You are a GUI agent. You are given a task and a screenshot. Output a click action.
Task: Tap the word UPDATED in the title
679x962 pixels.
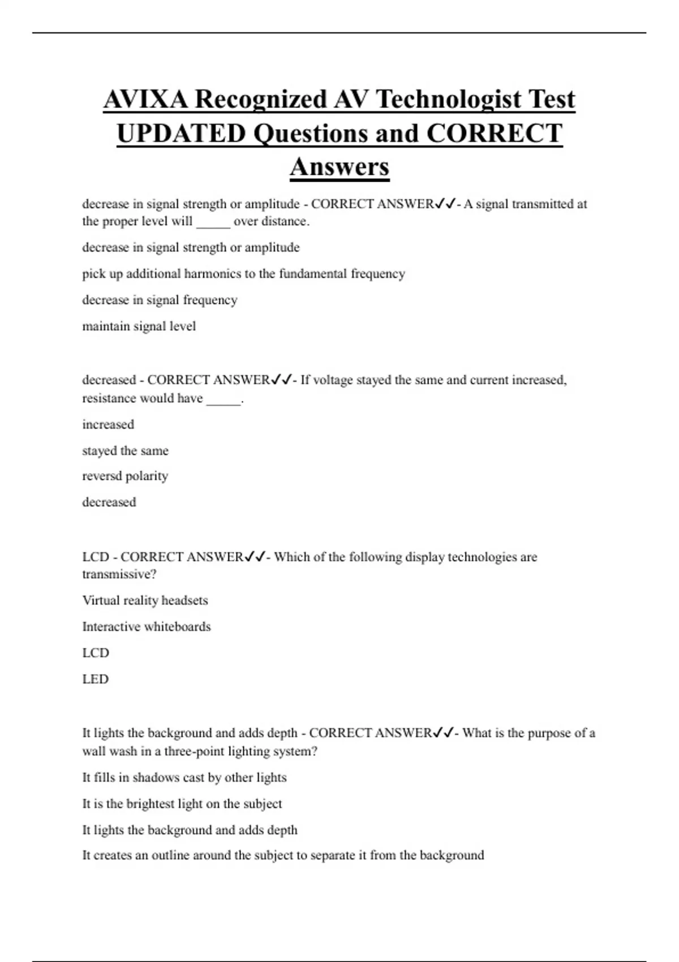[x=181, y=134]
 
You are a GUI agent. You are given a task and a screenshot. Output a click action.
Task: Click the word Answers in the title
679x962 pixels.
[x=339, y=167]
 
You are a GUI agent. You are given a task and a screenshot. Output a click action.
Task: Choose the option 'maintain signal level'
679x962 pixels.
[x=139, y=327]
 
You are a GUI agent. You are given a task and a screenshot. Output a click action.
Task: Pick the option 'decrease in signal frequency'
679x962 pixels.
[x=160, y=300]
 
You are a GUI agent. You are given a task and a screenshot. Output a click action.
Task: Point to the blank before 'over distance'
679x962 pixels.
[x=213, y=222]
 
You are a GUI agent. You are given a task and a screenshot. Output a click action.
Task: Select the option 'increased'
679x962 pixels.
[x=108, y=424]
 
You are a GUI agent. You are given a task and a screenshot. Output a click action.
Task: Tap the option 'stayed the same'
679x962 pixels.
[x=125, y=451]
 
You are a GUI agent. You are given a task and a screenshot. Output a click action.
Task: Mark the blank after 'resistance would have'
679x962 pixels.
[x=224, y=399]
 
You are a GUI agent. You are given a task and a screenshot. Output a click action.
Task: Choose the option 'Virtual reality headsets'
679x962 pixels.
[x=145, y=600]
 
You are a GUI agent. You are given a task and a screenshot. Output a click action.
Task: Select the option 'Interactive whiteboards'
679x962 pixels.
[x=146, y=627]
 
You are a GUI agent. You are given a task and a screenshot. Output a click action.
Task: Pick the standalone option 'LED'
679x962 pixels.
[x=95, y=679]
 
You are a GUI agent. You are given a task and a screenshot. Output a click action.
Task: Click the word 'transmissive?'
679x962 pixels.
[x=119, y=574]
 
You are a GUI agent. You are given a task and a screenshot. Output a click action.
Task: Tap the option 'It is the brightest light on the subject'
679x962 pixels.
[x=182, y=804]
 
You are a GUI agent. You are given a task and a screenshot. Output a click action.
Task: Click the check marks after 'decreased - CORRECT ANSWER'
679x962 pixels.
[x=281, y=380]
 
